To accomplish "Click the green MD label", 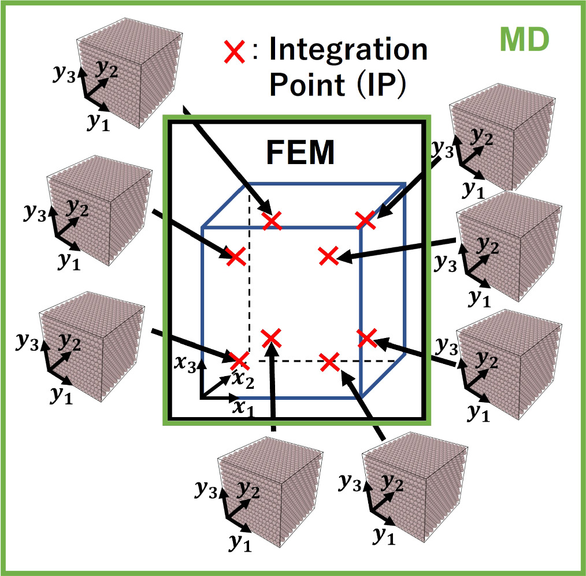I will click(x=524, y=40).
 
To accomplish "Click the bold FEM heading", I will click(x=299, y=153).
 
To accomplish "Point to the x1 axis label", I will click(x=243, y=407).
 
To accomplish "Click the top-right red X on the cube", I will click(x=365, y=220).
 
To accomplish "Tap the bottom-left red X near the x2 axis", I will click(x=238, y=361).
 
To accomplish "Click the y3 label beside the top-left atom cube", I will click(x=64, y=76).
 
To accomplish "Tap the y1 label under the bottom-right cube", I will click(x=383, y=536).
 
